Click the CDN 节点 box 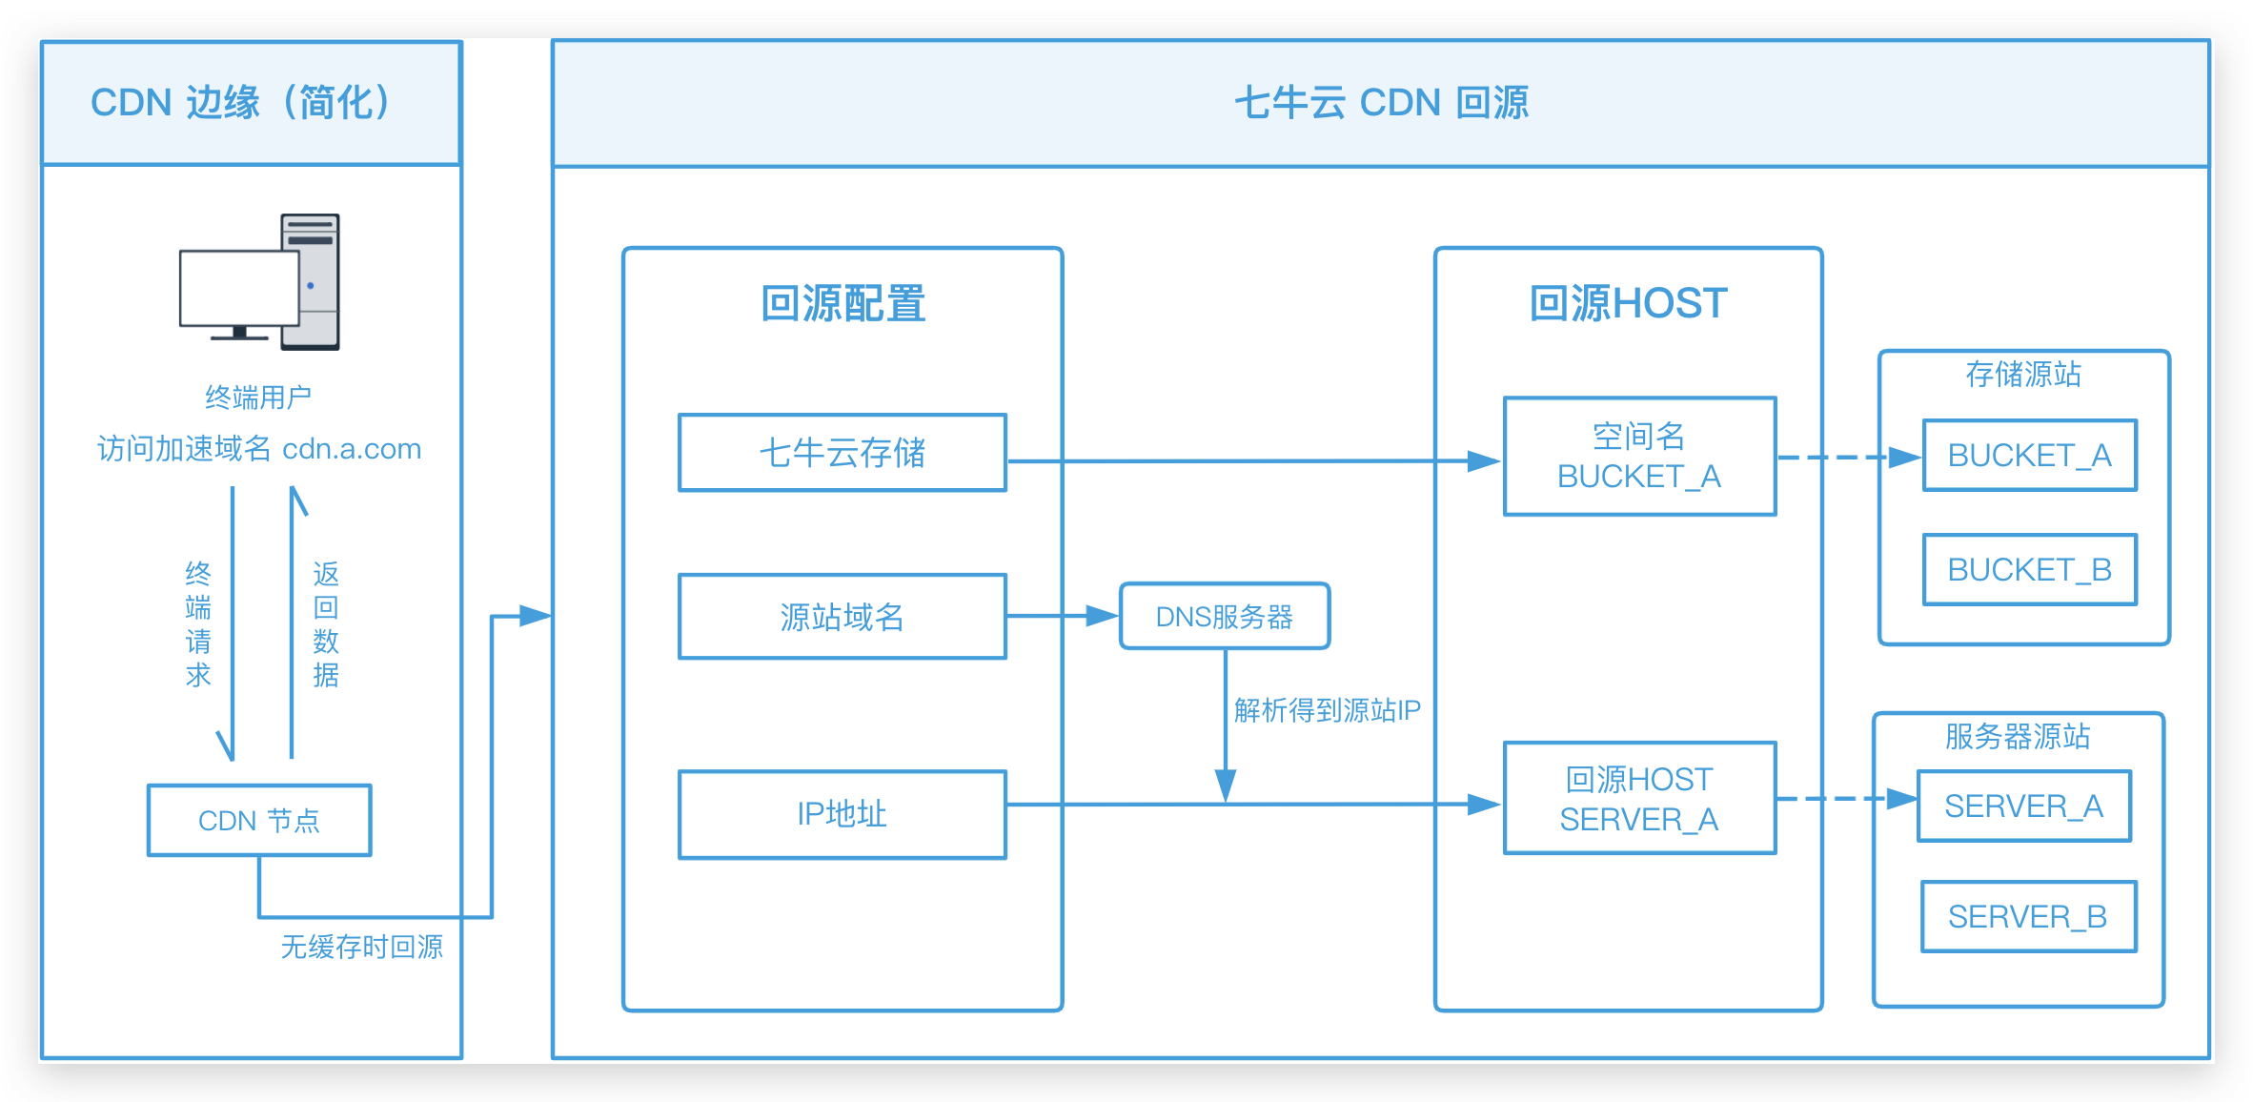(259, 820)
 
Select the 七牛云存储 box (842, 453)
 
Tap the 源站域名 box (842, 617)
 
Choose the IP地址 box (842, 814)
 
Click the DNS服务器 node (1224, 617)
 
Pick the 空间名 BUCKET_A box (1639, 457)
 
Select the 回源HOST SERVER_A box (1639, 799)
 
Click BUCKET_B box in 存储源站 (2029, 570)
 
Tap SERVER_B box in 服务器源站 (2028, 917)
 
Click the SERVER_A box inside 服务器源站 (2023, 806)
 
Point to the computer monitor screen (238, 286)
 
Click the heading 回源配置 (842, 304)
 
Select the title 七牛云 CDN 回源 (1381, 103)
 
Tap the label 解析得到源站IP (1327, 710)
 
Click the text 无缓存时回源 (362, 947)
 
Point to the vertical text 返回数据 (326, 624)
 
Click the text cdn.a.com (352, 449)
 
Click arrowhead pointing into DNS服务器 (1104, 616)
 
